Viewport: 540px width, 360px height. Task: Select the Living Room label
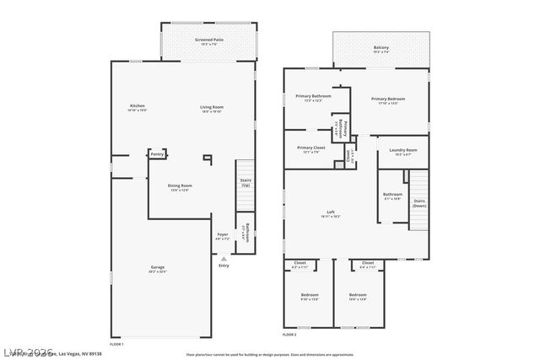coord(212,108)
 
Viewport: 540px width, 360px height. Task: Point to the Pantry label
coord(157,154)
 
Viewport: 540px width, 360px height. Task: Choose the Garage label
coord(158,268)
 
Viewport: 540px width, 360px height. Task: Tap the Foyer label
coord(223,235)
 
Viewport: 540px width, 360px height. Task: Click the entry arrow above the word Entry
coord(224,257)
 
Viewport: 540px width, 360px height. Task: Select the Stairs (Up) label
coord(246,182)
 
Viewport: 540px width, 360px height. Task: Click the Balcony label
coord(381,48)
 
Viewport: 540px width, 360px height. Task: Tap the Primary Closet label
coord(312,148)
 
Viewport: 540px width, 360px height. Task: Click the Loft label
coord(332,212)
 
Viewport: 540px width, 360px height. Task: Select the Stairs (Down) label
coord(419,203)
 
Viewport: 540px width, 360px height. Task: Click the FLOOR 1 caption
coord(116,344)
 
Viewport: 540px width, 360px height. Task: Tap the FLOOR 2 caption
coord(289,335)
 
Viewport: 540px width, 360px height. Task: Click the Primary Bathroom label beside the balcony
coord(312,98)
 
